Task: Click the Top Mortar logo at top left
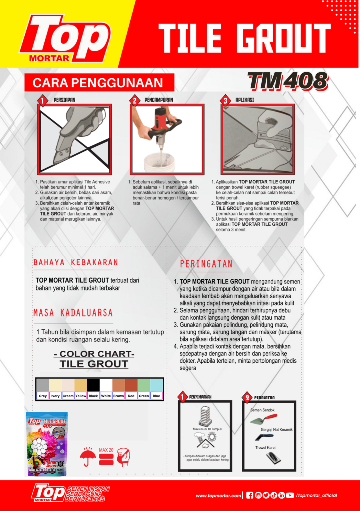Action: coord(65,40)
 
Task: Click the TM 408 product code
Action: coord(287,81)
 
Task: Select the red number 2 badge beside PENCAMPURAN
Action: coord(135,100)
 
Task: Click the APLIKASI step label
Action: coord(245,100)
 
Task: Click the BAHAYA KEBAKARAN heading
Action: coord(76,262)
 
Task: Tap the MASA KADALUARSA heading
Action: coord(73,313)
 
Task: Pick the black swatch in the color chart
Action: coord(93,385)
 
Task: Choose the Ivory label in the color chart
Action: coord(55,396)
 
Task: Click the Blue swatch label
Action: coord(157,396)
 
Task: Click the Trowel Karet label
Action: coord(265,447)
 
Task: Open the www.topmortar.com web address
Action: coord(218,495)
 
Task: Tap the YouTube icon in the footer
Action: coord(290,495)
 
